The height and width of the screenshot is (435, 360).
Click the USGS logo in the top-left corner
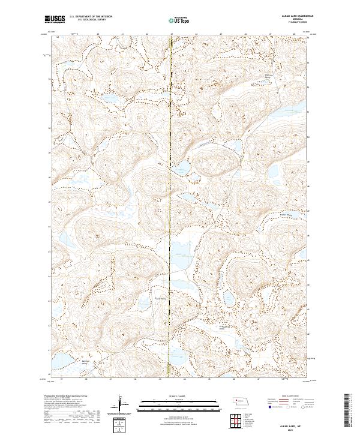[55, 19]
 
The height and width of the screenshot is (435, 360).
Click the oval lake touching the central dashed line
[182, 166]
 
